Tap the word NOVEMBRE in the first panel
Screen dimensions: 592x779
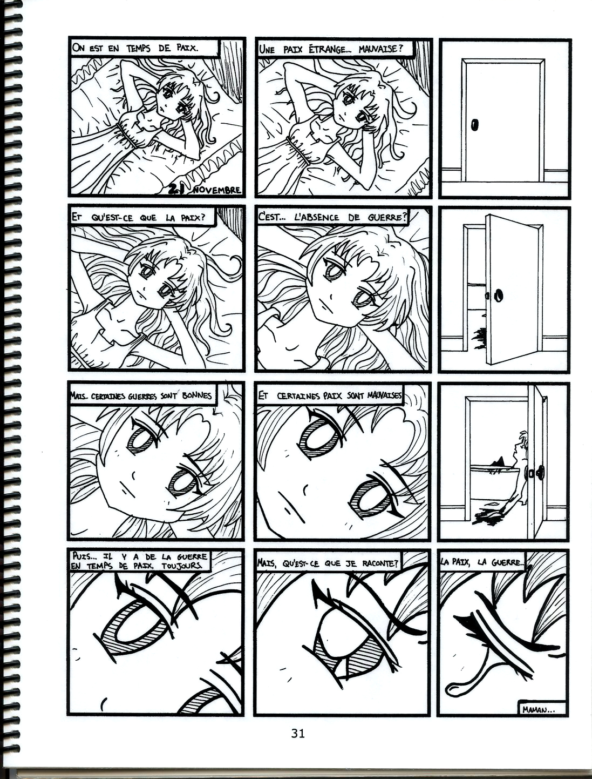click(217, 190)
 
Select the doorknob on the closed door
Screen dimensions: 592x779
click(475, 124)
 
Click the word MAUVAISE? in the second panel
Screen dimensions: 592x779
click(381, 49)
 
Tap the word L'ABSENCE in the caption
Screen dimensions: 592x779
click(317, 217)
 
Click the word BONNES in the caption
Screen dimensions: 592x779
click(197, 395)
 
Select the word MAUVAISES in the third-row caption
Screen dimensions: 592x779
click(385, 395)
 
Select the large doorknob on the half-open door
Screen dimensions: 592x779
click(499, 295)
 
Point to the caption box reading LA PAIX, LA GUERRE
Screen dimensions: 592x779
click(482, 562)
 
